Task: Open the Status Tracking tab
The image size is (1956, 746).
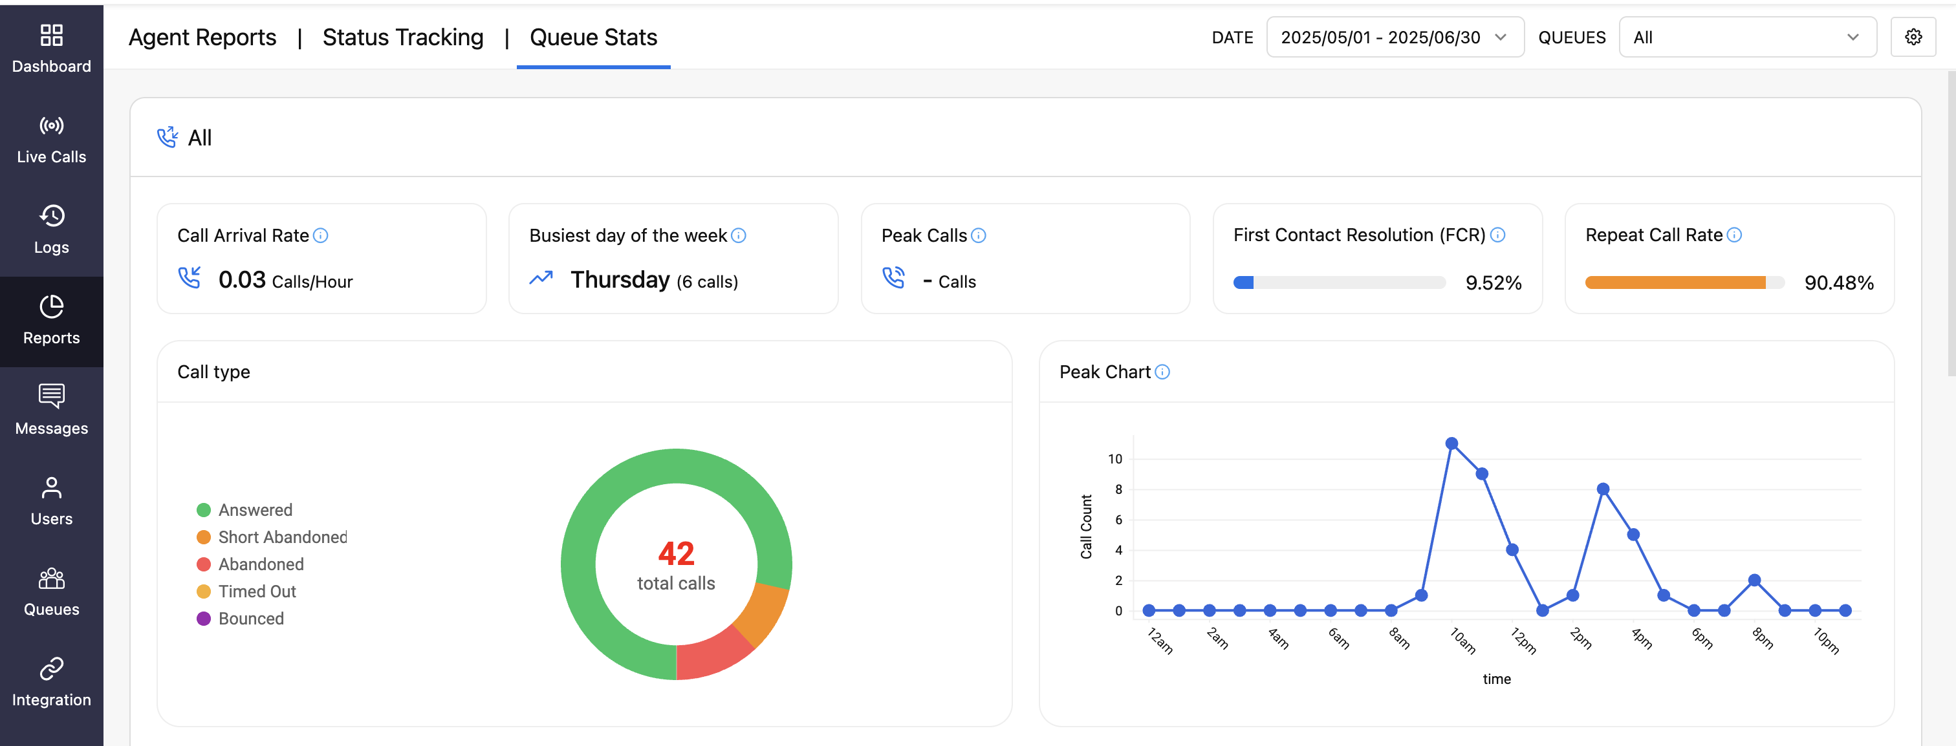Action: [402, 37]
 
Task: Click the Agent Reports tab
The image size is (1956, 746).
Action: [202, 37]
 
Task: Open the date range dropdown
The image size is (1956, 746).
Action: [1394, 37]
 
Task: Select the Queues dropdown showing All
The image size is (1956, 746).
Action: [1746, 37]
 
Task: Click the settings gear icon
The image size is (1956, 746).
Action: [1913, 37]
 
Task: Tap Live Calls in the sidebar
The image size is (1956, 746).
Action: [52, 140]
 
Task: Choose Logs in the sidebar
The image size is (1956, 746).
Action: [52, 231]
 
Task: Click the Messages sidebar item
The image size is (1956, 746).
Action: [52, 411]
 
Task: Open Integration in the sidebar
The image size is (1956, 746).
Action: [52, 683]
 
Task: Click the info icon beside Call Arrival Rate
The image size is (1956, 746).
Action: [320, 236]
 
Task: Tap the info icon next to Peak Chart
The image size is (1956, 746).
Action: [1162, 372]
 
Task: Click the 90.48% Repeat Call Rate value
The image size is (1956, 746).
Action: [1838, 283]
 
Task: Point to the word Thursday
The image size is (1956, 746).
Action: [620, 280]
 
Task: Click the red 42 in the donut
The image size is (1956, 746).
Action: [676, 553]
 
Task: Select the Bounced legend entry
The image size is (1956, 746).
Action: [250, 619]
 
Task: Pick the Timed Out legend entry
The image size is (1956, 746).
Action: [257, 591]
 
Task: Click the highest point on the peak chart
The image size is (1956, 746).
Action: [1451, 443]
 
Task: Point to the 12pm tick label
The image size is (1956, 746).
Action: [1523, 641]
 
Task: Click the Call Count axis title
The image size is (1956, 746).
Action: [1086, 527]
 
